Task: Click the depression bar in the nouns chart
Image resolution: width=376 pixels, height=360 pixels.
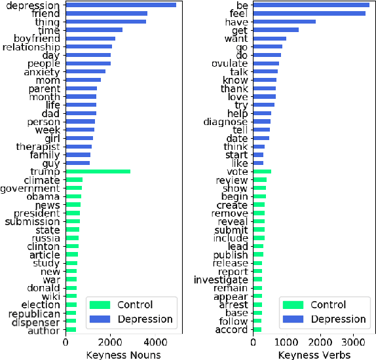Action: (121, 5)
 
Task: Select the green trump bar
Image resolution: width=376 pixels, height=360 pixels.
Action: (98, 171)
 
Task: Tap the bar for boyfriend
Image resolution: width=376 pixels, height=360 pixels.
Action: (90, 39)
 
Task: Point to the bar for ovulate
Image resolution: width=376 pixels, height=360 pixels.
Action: (267, 63)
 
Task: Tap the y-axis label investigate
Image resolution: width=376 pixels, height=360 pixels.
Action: (221, 280)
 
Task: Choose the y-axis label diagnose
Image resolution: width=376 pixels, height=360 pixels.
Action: (226, 122)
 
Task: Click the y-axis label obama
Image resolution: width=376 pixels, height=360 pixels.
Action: (43, 196)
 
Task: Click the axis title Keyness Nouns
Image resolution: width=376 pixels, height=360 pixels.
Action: (123, 353)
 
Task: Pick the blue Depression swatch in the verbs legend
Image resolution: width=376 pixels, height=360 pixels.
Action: (292, 319)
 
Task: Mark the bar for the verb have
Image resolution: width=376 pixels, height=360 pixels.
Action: (285, 22)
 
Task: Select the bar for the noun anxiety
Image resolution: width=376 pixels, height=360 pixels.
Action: (86, 72)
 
